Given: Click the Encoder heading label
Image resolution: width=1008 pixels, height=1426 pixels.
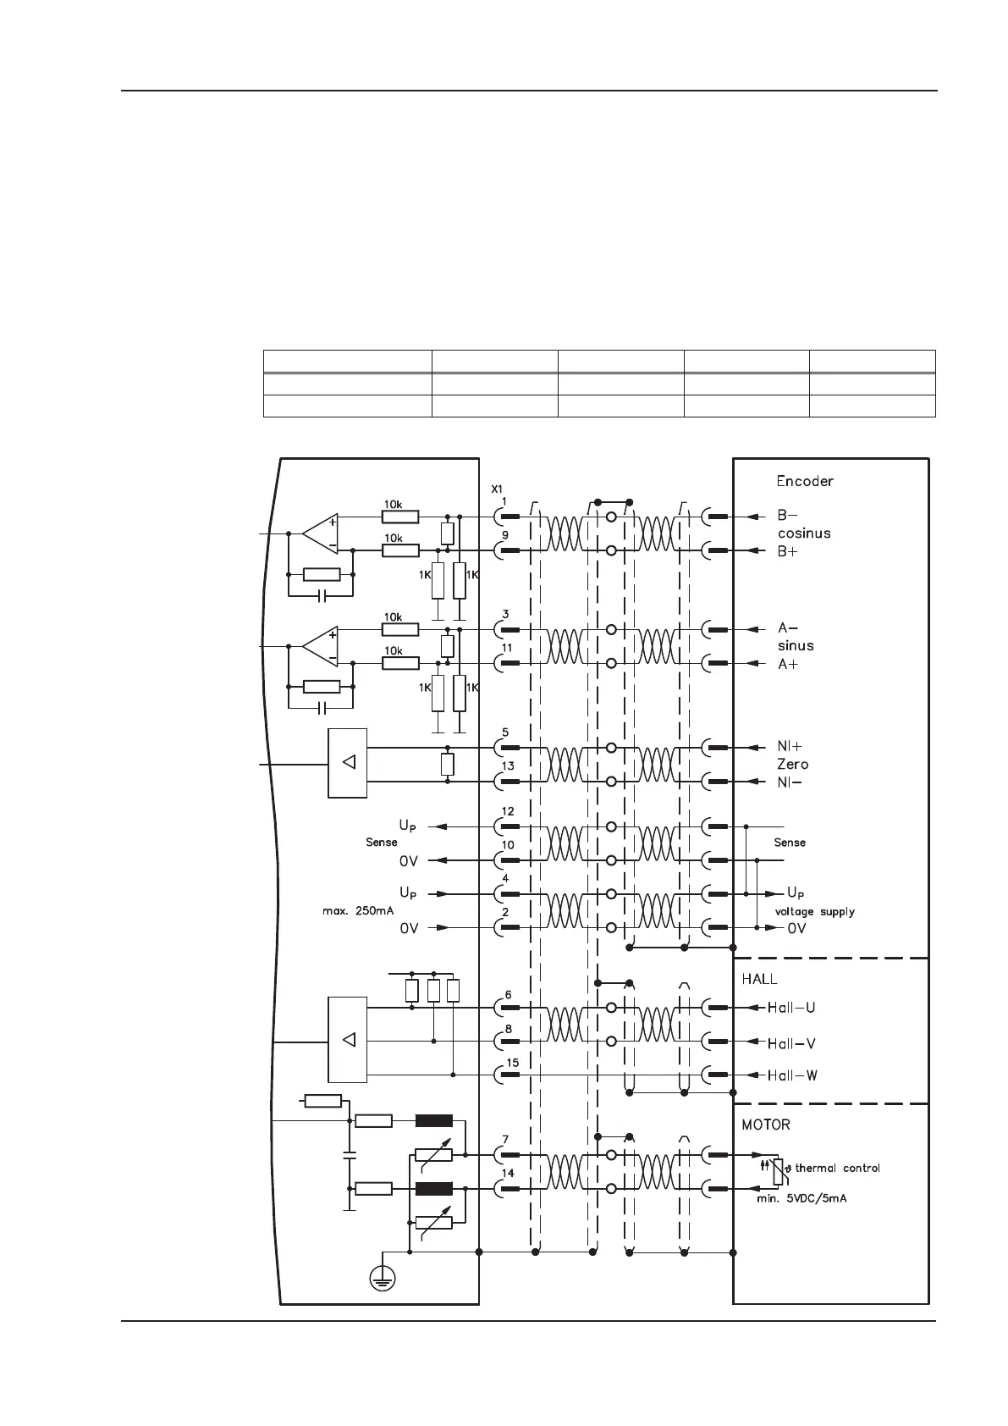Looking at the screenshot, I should click(x=805, y=481).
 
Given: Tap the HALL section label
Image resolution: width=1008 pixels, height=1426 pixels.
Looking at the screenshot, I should click(x=759, y=979).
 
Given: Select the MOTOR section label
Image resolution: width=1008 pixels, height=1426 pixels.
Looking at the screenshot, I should click(x=766, y=1125).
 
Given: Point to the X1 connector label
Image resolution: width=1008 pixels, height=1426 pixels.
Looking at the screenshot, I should click(x=497, y=489).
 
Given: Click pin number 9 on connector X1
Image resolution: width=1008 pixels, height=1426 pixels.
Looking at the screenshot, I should click(x=505, y=535).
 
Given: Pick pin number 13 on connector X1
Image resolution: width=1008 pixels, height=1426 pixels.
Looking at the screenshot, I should click(x=507, y=766).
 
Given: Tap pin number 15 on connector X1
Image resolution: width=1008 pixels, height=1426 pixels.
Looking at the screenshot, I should click(x=512, y=1063).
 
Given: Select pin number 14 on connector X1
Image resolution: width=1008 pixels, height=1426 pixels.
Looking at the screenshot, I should click(x=507, y=1173).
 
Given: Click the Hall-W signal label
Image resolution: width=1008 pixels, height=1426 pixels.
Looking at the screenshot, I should click(x=791, y=1075).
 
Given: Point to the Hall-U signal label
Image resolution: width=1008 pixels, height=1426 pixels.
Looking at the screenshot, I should click(x=791, y=1008).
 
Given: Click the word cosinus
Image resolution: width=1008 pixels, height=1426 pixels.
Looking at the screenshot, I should click(x=804, y=533).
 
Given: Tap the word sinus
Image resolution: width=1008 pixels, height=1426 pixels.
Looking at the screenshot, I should click(x=796, y=645).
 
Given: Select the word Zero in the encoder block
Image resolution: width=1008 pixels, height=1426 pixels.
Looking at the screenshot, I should click(x=792, y=764).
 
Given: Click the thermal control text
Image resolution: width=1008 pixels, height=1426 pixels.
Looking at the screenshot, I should click(x=837, y=1168).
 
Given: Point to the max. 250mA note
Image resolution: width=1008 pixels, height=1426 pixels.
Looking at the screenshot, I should click(x=358, y=911).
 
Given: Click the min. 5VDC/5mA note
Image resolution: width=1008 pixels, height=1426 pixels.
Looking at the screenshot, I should click(x=801, y=1198).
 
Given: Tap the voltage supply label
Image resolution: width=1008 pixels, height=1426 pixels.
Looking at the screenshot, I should click(x=814, y=912).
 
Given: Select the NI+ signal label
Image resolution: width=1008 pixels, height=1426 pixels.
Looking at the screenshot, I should click(x=790, y=746).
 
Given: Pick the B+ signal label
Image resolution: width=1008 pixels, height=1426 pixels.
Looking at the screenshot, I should click(x=788, y=551).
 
